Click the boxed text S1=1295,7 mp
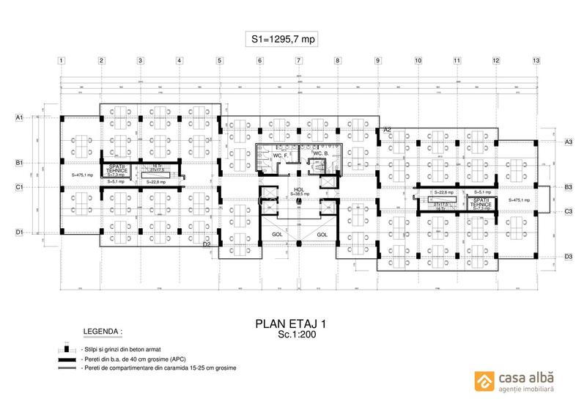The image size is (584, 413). [x=281, y=40]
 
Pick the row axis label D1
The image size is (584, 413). [x=20, y=233]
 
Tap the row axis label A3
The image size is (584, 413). [x=568, y=141]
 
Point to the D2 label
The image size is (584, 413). [x=207, y=244]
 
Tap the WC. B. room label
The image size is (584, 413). [x=321, y=153]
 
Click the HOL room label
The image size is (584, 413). [x=298, y=189]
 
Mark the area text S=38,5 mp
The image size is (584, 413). [x=298, y=194]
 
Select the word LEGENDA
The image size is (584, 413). [x=102, y=332]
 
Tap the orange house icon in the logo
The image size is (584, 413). [x=484, y=379]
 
